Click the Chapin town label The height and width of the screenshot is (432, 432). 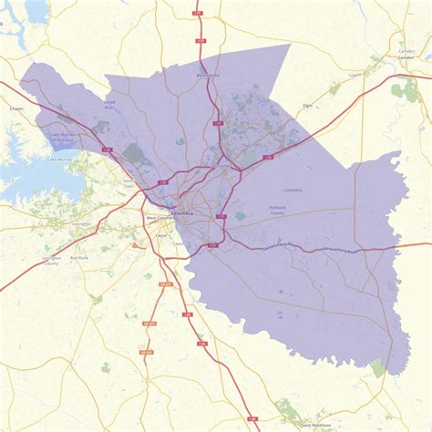[x=15, y=108]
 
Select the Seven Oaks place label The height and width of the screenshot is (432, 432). [x=129, y=181]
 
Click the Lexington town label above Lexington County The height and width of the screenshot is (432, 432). [x=57, y=223]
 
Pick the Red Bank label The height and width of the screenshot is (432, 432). [x=79, y=258]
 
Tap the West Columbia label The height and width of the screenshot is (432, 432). [x=158, y=219]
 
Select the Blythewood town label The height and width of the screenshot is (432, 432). [x=208, y=76]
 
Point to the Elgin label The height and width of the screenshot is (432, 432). [x=308, y=107]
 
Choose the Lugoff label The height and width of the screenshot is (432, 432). [x=355, y=76]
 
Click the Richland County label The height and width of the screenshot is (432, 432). [x=277, y=210]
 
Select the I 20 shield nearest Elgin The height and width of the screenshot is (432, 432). [x=268, y=158]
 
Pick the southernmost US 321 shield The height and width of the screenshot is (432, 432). [x=145, y=351]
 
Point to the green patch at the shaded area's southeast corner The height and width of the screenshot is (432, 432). [x=377, y=367]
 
